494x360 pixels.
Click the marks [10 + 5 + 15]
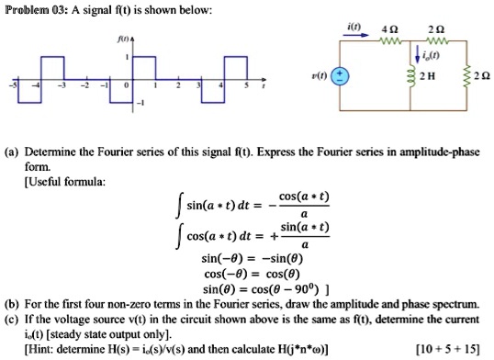point(450,347)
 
